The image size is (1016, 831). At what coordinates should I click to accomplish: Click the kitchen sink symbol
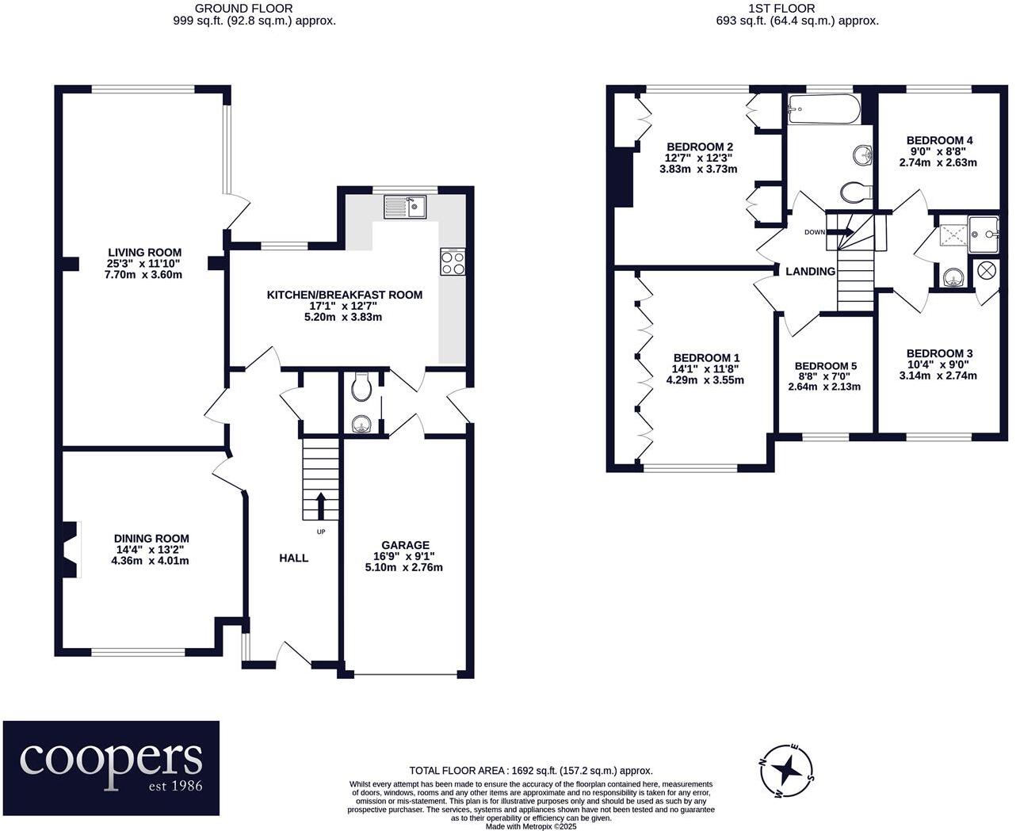[x=405, y=207]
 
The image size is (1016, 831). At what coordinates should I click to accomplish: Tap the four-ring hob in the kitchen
[x=453, y=262]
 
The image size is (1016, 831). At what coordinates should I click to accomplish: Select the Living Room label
[x=144, y=252]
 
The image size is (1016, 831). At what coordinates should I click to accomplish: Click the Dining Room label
[x=151, y=538]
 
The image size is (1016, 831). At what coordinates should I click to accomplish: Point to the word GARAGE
[x=405, y=545]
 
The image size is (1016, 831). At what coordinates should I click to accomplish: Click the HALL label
[x=293, y=558]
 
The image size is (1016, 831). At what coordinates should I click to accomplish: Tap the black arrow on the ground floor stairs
[x=320, y=505]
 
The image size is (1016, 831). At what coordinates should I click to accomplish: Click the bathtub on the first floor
[x=823, y=110]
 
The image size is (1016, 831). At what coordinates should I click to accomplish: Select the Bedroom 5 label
[x=826, y=366]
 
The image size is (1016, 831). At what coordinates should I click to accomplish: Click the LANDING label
[x=810, y=272]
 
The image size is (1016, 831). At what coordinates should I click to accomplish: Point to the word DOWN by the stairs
[x=815, y=232]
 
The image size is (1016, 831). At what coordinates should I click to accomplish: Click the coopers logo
[x=111, y=768]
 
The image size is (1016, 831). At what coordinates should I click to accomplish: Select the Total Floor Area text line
[x=531, y=771]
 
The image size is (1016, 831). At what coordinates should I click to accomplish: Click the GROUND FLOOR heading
[x=244, y=9]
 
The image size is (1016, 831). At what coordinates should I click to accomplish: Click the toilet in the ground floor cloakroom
[x=361, y=387]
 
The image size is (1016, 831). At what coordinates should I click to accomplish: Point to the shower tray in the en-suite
[x=953, y=236]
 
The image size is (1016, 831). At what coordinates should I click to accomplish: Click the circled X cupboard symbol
[x=986, y=271]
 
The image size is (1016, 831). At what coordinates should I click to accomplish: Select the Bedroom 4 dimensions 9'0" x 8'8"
[x=939, y=151]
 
